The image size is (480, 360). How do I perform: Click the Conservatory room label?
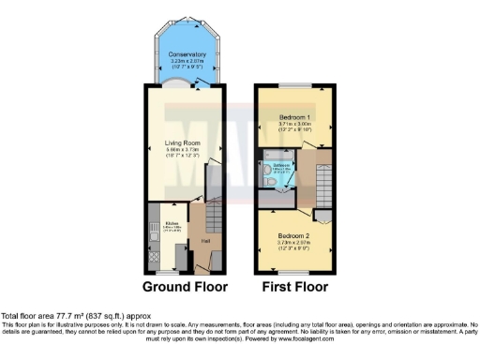coord(187,54)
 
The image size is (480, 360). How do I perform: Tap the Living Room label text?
coord(183,142)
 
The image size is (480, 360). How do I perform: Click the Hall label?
coord(204,241)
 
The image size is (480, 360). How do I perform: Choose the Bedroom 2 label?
coord(292,236)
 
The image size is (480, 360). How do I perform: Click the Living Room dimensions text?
coord(183,155)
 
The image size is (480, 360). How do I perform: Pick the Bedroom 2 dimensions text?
coord(292,247)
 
